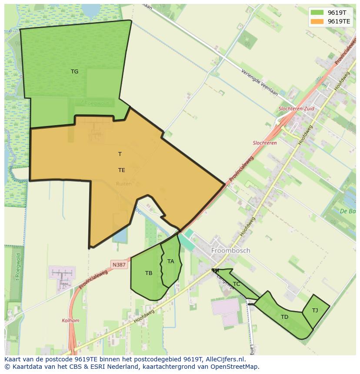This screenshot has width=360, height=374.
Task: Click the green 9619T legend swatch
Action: click(317, 13)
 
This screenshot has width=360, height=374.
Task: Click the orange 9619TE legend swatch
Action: click(317, 21)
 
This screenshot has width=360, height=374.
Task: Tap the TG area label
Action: click(75, 72)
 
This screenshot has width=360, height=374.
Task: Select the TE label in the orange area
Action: click(122, 170)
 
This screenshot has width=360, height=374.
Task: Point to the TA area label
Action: click(170, 261)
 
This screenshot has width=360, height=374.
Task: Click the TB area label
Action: click(149, 273)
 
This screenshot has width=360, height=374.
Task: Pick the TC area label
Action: click(237, 284)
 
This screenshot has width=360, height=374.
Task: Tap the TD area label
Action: click(284, 317)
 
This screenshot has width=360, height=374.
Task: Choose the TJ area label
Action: click(315, 310)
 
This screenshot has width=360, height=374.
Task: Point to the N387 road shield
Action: click(119, 265)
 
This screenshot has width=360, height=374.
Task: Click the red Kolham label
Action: click(70, 321)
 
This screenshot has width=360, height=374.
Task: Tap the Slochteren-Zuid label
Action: click(296, 109)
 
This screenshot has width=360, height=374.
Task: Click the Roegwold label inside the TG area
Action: click(97, 103)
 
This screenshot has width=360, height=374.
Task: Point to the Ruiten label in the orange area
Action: click(123, 184)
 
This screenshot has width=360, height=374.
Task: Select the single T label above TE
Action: click(120, 154)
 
